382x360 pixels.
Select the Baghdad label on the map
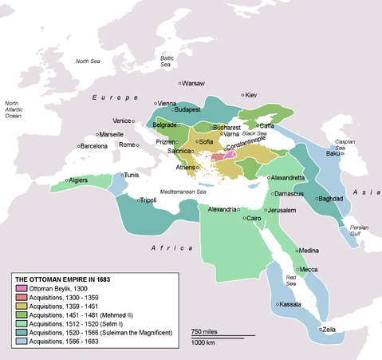click(330, 198)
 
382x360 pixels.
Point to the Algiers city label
click(78, 180)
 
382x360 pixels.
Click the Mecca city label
click(309, 270)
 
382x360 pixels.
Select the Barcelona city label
click(93, 146)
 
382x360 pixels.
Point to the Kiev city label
click(251, 95)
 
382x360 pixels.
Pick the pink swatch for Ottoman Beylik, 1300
click(21, 287)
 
